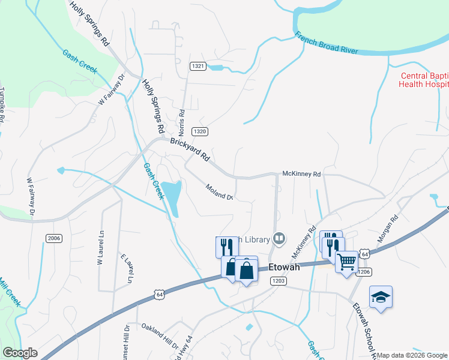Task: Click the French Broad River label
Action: coord(327,44)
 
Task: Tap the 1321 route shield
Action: coord(198,65)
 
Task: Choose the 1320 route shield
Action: coord(200,131)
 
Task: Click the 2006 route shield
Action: coord(54,238)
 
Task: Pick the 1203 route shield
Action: coord(277,281)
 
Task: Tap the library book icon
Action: coord(279,239)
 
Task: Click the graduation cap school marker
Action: coord(381,297)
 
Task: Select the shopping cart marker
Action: coord(347,262)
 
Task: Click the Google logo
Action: coord(20,353)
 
